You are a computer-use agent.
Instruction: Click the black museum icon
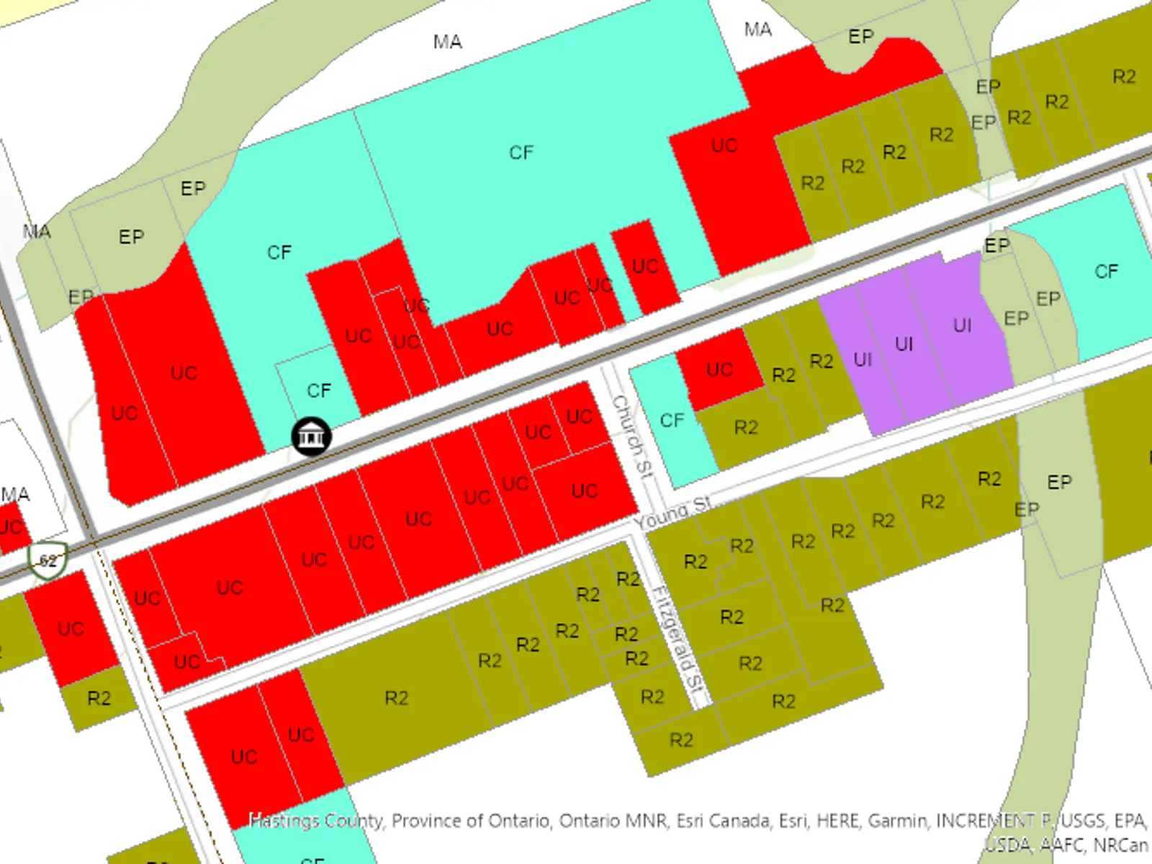[x=311, y=436]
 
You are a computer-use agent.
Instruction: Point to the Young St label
[x=672, y=513]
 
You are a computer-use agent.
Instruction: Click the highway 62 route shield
[x=48, y=560]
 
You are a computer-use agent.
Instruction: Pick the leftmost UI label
[x=862, y=359]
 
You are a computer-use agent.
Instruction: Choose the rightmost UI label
[x=962, y=326]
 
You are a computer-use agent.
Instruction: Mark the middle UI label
[x=904, y=344]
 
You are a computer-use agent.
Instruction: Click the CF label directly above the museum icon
[x=319, y=390]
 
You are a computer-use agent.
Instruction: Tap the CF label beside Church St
[x=672, y=420]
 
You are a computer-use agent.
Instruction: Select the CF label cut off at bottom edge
[x=312, y=860]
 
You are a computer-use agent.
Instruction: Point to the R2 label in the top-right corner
[x=1123, y=77]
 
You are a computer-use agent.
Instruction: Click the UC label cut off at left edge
[x=10, y=527]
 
